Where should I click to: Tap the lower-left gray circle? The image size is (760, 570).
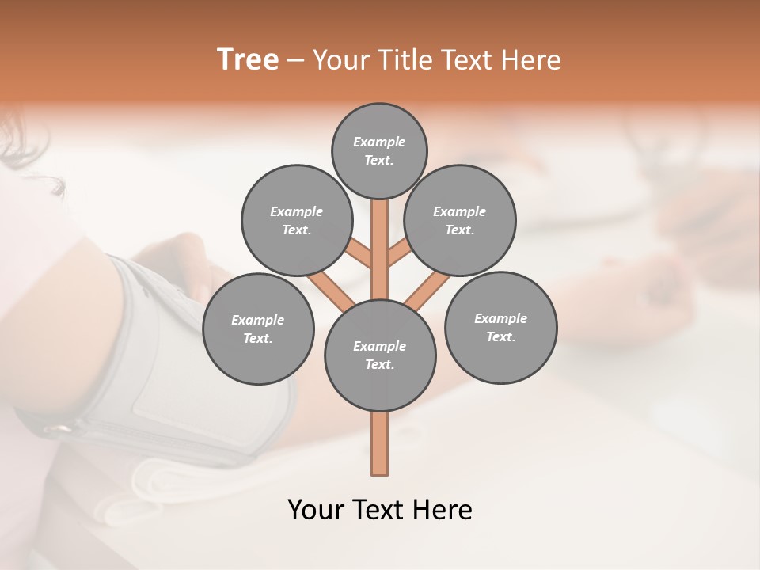(258, 329)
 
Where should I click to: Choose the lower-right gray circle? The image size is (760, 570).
(500, 328)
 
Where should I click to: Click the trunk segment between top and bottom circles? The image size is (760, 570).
(380, 237)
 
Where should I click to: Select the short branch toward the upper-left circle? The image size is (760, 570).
(359, 254)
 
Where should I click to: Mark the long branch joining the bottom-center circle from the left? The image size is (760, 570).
(331, 290)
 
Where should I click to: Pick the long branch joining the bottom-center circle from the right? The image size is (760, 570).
(427, 290)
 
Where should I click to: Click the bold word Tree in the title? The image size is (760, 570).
(248, 59)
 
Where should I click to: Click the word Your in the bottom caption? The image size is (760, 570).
(316, 510)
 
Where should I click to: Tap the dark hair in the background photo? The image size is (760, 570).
(32, 150)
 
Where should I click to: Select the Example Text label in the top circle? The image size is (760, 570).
(379, 150)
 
